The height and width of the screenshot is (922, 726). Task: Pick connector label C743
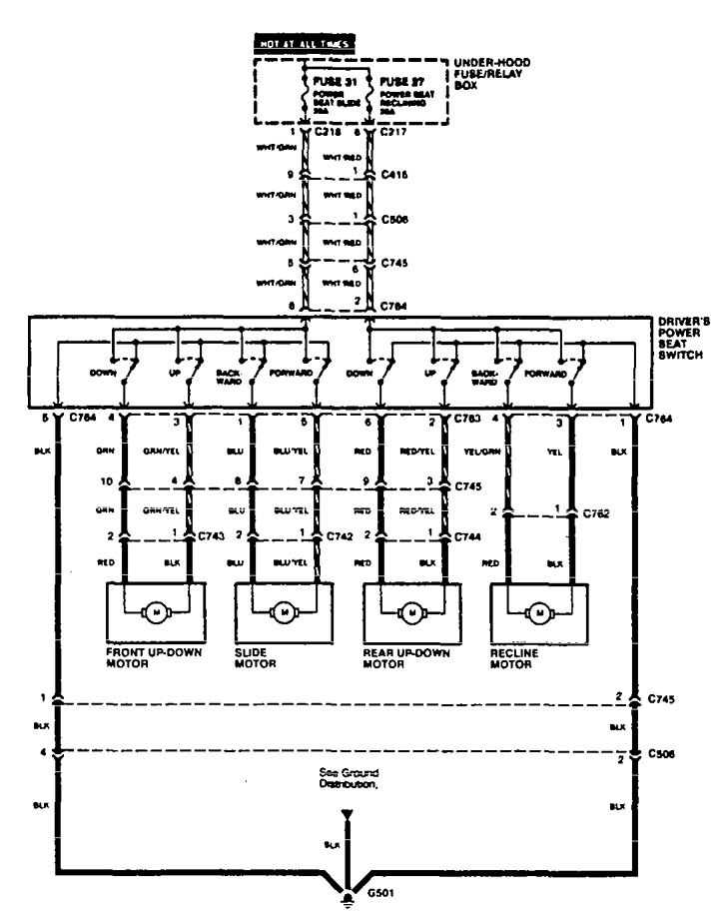coord(212,536)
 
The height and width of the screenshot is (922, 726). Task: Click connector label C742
coord(340,536)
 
